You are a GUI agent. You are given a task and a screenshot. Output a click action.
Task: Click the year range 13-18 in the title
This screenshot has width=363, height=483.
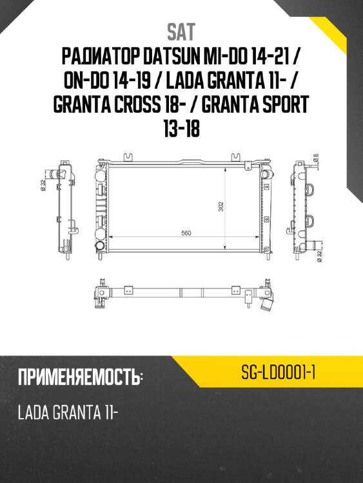click(x=181, y=128)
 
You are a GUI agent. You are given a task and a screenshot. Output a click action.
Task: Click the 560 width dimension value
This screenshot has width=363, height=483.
click(x=187, y=233)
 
